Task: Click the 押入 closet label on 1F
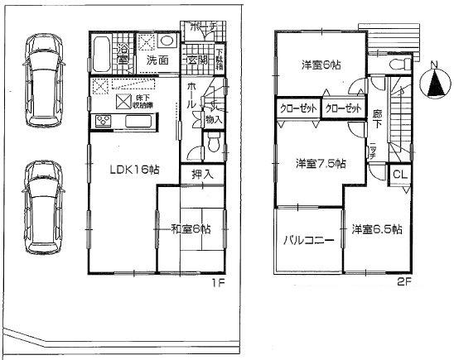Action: click(202, 175)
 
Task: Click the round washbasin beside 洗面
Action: click(164, 41)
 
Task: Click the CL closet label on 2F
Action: click(398, 174)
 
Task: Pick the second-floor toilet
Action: click(357, 84)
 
